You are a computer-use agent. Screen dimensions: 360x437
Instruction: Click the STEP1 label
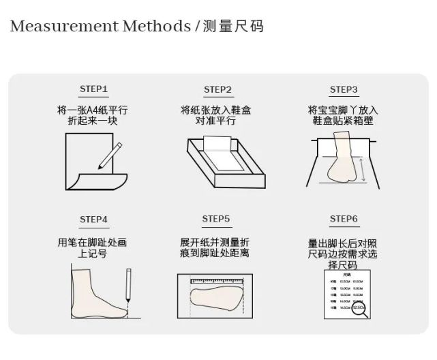pyautogui.click(x=93, y=89)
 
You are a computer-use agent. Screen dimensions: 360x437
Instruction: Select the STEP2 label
pyautogui.click(x=218, y=89)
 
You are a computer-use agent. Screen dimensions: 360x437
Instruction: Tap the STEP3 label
pyautogui.click(x=344, y=89)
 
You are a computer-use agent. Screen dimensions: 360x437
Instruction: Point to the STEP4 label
pyautogui.click(x=93, y=219)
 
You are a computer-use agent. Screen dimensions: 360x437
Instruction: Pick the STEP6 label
pyautogui.click(x=344, y=219)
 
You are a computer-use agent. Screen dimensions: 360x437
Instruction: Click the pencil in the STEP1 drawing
pyautogui.click(x=110, y=155)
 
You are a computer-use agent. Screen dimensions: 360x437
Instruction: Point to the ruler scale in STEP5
pyautogui.click(x=217, y=280)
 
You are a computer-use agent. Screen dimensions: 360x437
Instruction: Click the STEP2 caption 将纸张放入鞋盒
pyautogui.click(x=216, y=110)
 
